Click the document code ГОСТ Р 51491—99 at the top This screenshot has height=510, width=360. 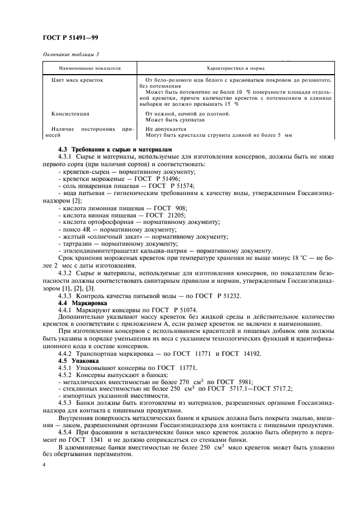pyautogui.click(x=70, y=38)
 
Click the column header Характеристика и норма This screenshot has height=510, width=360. pyautogui.click(x=235, y=69)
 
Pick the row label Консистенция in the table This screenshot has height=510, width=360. pyautogui.click(x=70, y=114)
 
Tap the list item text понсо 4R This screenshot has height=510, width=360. pyautogui.click(x=77, y=230)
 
